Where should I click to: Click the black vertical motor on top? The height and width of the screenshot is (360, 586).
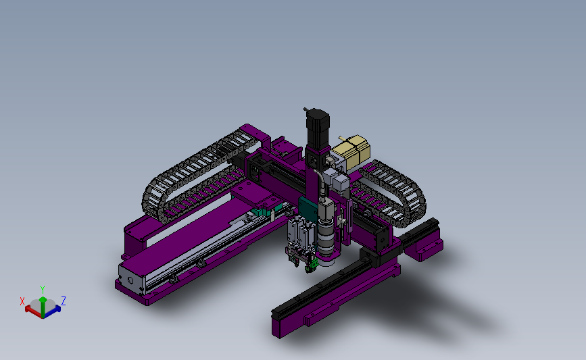pos(318,129)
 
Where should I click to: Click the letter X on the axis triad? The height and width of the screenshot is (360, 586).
pos(22,301)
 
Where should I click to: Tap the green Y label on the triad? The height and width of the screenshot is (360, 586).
pos(43,290)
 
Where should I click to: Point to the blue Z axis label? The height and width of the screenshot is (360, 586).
pos(64,301)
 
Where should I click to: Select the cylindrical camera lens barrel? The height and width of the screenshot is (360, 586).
pos(326,238)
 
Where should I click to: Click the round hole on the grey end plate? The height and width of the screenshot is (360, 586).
pos(130,280)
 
